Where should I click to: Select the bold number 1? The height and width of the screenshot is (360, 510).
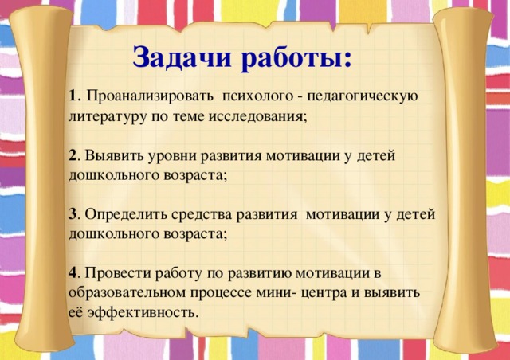[x=73, y=96]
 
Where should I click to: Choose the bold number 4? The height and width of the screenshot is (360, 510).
[x=73, y=273]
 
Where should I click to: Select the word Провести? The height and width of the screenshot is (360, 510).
[x=115, y=273]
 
